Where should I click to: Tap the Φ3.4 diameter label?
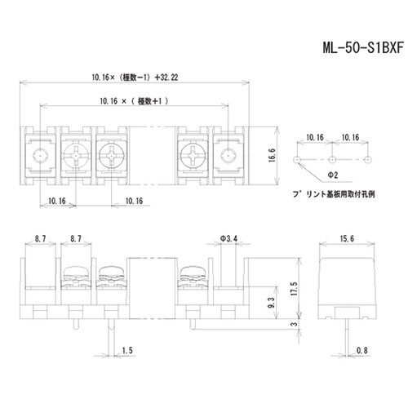[x=230, y=239]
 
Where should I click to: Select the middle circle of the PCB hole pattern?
[x=333, y=158]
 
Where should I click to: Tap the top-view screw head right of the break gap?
[x=193, y=154]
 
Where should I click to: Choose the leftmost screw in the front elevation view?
[x=73, y=277]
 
